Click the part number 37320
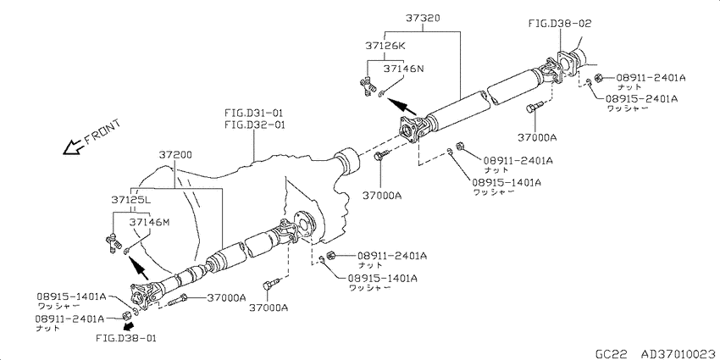click(423, 19)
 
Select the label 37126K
click(386, 46)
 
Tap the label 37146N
click(403, 69)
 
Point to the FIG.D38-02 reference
click(560, 23)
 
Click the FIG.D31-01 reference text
click(254, 113)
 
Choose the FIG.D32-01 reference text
click(254, 125)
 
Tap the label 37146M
click(149, 222)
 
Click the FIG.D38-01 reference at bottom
click(127, 339)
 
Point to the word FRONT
click(102, 133)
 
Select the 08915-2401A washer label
click(641, 99)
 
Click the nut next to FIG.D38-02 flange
click(598, 78)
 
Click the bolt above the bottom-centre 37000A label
click(270, 285)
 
